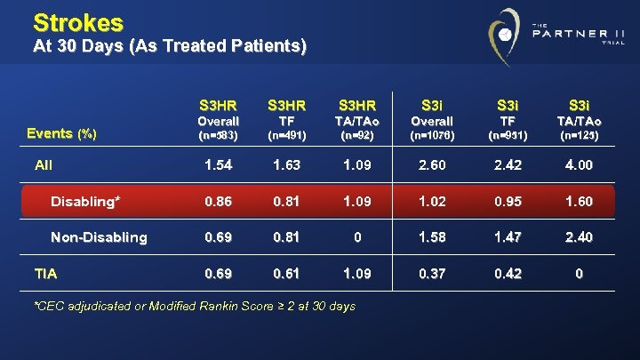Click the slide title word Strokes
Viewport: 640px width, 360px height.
tap(77, 21)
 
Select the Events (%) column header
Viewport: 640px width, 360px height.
tap(61, 134)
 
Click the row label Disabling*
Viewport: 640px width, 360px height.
tap(85, 202)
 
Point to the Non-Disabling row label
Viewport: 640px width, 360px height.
tap(99, 237)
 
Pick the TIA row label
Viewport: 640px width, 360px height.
tap(46, 274)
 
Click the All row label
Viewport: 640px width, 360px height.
tap(44, 165)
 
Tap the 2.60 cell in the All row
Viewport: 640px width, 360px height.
tap(432, 165)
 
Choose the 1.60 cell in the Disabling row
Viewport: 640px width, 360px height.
tap(579, 202)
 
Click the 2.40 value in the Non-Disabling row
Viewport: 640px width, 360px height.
tap(579, 237)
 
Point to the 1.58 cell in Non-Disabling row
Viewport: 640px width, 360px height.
tap(432, 237)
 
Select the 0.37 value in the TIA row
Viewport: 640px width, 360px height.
tap(432, 274)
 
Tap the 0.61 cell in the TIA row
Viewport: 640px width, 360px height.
tap(285, 274)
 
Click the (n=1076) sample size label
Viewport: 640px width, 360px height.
tap(432, 136)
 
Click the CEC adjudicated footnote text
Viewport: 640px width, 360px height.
tap(194, 306)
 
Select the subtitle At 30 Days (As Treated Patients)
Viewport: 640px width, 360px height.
tap(169, 46)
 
